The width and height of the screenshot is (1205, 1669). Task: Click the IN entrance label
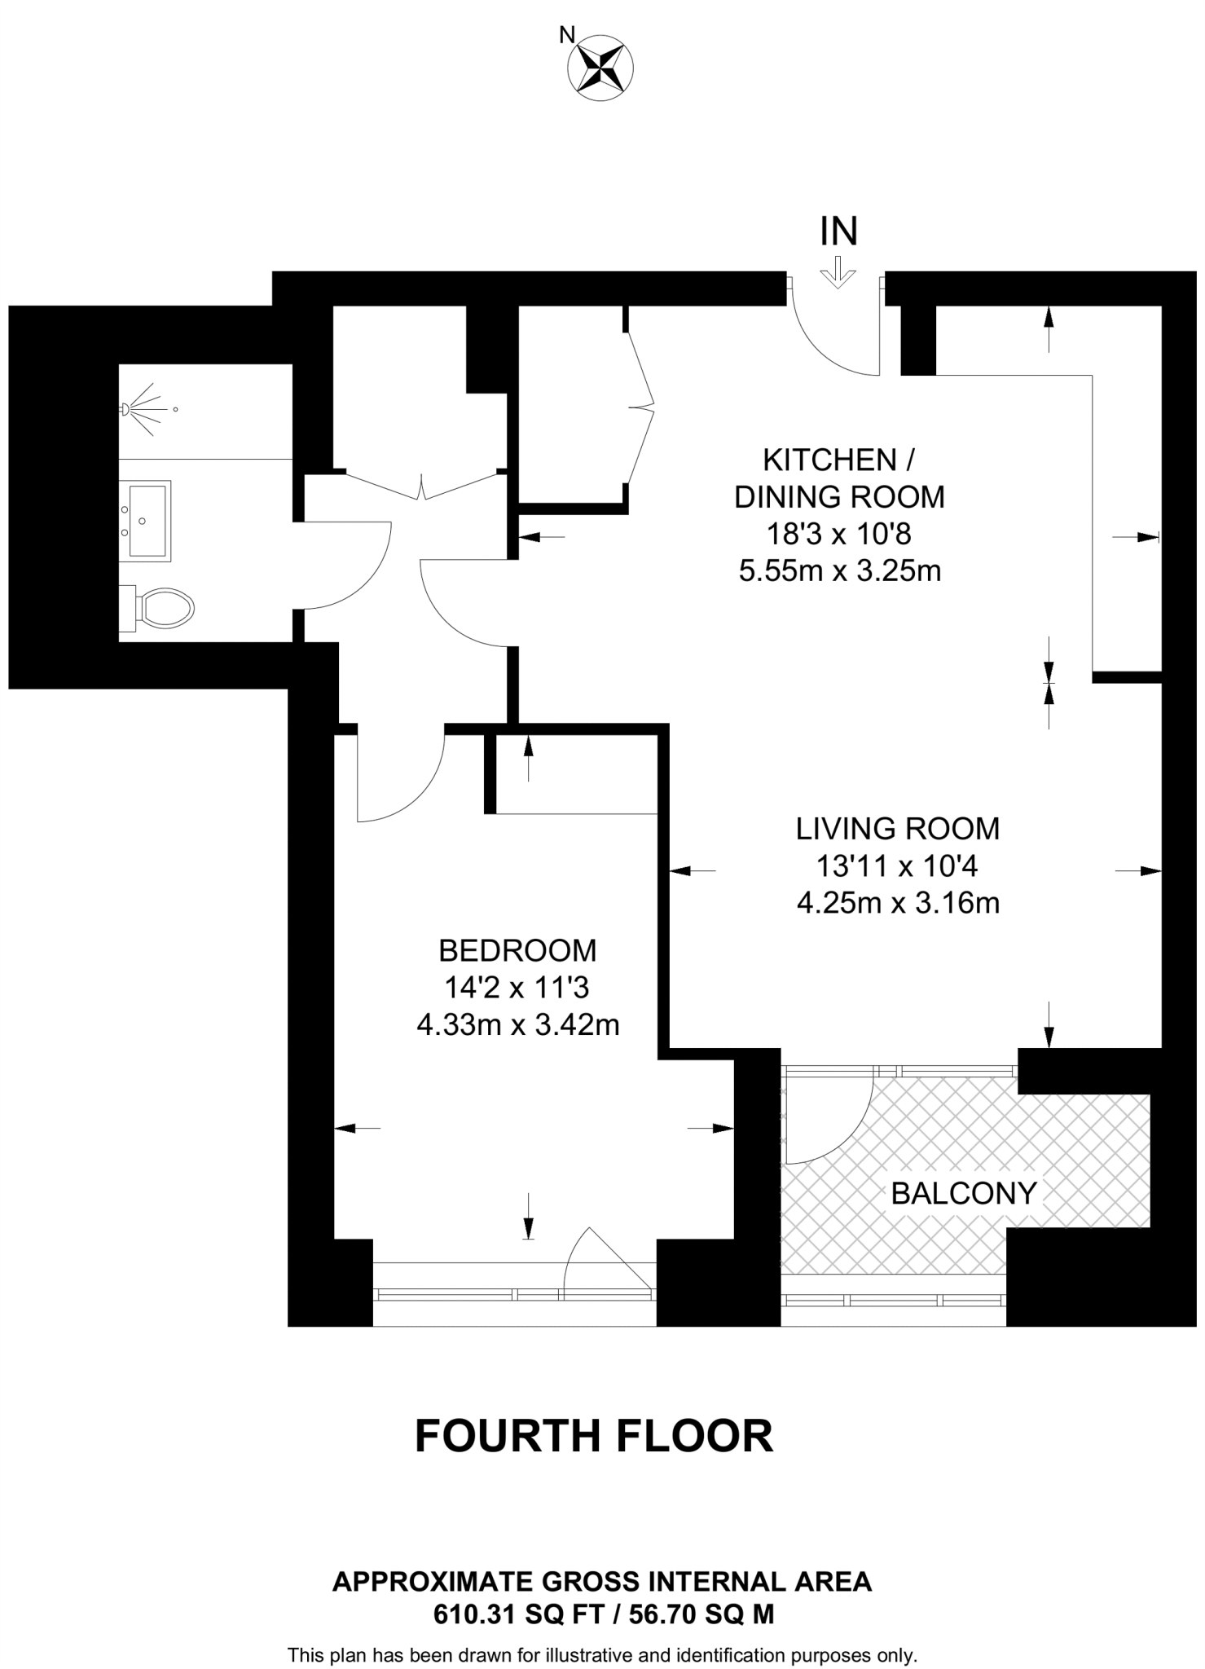838,232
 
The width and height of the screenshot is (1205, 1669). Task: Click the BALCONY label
963,1194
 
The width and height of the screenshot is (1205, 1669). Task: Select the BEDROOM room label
517,950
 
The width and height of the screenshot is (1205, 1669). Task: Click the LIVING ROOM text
897,829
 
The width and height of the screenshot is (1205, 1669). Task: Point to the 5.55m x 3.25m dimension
839,570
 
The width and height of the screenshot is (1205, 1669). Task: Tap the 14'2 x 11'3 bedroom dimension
517,988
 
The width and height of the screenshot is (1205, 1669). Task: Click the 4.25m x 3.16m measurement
898,903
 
